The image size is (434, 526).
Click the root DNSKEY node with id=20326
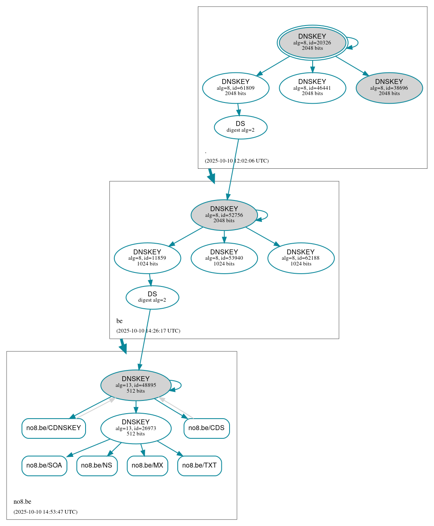pyautogui.click(x=312, y=42)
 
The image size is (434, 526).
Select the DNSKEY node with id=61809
pyautogui.click(x=236, y=88)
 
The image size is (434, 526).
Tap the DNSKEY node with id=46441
pyautogui.click(x=312, y=88)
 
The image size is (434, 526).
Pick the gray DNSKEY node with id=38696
pyautogui.click(x=389, y=88)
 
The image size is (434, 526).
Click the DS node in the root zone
pyautogui.click(x=241, y=127)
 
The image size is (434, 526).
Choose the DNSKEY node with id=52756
pyautogui.click(x=224, y=215)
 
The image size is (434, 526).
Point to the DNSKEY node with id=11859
pyautogui.click(x=147, y=258)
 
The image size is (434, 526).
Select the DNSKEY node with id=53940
pyautogui.click(x=224, y=258)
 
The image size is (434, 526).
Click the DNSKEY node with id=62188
pyautogui.click(x=301, y=258)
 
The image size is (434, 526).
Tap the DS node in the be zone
pyautogui.click(x=152, y=297)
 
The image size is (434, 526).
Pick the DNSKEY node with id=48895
pyautogui.click(x=136, y=385)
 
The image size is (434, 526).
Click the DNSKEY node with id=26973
pyautogui.click(x=136, y=428)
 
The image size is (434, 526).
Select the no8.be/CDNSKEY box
pyautogui.click(x=53, y=428)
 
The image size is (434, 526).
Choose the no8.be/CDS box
pyautogui.click(x=207, y=428)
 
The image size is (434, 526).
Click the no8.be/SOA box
pyautogui.click(x=44, y=466)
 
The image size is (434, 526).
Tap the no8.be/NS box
pyautogui.click(x=97, y=466)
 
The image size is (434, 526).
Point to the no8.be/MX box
pyautogui.click(x=147, y=466)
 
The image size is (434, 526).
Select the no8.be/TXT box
pyautogui.click(x=200, y=466)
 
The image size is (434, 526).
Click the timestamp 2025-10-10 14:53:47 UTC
pyautogui.click(x=45, y=512)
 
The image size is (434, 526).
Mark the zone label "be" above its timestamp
pyautogui.click(x=119, y=321)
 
